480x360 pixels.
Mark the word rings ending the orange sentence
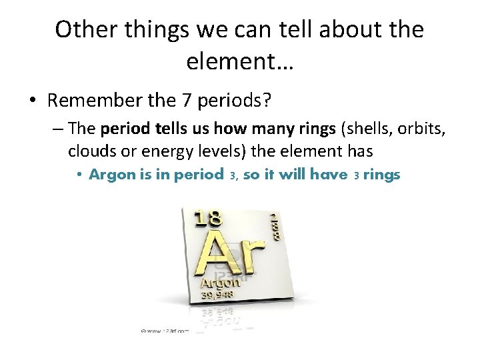(381, 175)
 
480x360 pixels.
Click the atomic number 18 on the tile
(207, 219)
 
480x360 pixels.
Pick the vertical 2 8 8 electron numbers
(274, 226)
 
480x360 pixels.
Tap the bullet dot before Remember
(33, 101)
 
